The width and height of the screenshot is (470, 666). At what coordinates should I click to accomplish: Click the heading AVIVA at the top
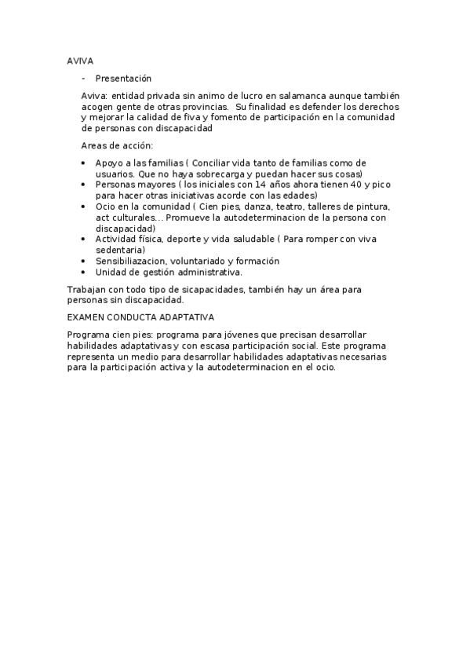click(81, 60)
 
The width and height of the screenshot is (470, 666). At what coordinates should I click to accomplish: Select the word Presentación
click(123, 79)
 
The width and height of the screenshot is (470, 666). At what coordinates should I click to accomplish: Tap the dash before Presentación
click(83, 79)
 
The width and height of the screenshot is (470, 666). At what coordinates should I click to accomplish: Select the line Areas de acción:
click(117, 145)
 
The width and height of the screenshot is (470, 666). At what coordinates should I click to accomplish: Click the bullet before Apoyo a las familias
click(84, 163)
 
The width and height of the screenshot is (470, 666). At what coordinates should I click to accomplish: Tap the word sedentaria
click(120, 249)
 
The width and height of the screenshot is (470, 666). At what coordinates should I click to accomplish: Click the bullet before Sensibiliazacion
click(84, 261)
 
